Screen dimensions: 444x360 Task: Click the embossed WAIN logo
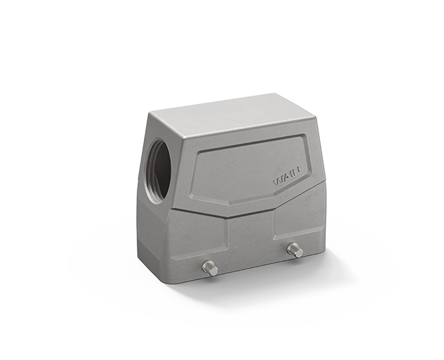(x=287, y=177)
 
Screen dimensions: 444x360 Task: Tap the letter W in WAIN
(x=278, y=181)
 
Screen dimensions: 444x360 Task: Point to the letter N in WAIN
(x=297, y=171)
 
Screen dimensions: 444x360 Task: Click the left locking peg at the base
(x=210, y=268)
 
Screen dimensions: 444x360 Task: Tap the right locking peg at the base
(x=295, y=250)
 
